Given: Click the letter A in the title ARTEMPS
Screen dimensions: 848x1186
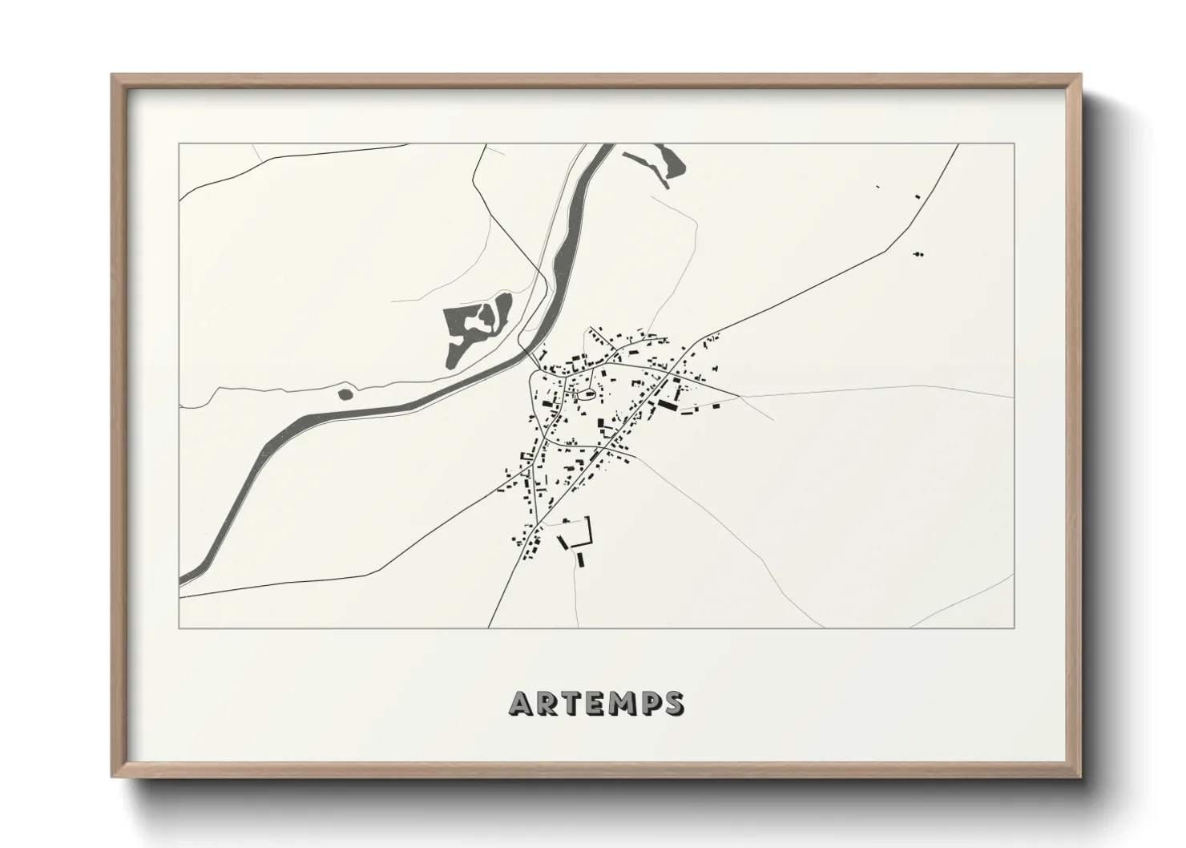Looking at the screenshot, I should (x=519, y=703).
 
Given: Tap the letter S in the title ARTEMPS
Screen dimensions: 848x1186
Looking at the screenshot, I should (x=673, y=703).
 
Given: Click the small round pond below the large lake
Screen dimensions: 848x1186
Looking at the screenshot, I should (x=345, y=394).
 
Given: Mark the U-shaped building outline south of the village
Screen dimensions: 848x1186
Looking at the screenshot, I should (x=579, y=532).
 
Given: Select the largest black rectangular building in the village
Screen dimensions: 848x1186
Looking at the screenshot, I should (x=667, y=406).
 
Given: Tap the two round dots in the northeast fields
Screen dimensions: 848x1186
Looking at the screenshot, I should (x=918, y=254).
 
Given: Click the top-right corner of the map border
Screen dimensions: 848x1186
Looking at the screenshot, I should (x=1015, y=143).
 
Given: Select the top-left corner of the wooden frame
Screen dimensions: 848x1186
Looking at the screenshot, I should (x=112, y=75).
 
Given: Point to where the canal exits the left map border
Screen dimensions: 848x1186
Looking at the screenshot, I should (x=181, y=579).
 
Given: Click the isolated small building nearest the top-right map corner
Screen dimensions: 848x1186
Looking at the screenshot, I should (x=918, y=196).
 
